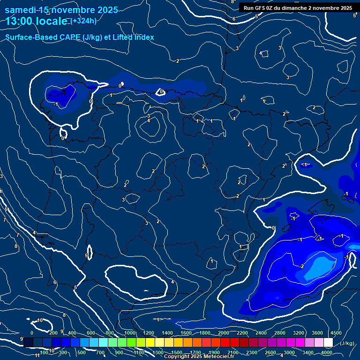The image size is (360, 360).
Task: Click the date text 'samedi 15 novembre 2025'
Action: coord(61,10)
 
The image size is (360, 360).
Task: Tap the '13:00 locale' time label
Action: coord(37,21)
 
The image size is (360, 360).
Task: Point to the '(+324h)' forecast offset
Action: coord(83,21)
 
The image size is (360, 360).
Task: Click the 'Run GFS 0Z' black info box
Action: coord(298,8)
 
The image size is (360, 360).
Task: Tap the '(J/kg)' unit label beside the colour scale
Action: coord(347,343)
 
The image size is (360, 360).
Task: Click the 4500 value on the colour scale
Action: coord(336,332)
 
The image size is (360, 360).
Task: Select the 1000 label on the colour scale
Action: coord(130,332)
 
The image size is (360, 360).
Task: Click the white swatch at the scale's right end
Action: coord(328,343)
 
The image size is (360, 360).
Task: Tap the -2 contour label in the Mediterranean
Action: coord(301,266)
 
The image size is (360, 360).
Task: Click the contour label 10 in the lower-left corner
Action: coord(40,320)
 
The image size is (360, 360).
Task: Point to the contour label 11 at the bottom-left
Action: coord(37,355)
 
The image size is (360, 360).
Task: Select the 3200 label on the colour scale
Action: coord(299,332)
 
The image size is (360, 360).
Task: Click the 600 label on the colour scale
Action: coord(91,332)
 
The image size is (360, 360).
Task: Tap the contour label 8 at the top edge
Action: coord(232,2)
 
